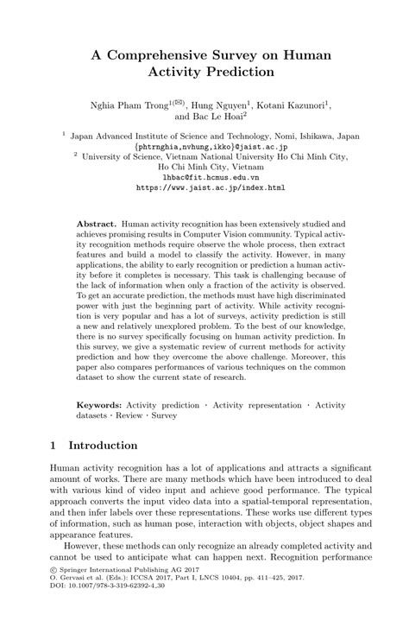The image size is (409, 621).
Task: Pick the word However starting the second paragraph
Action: coord(80,572)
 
